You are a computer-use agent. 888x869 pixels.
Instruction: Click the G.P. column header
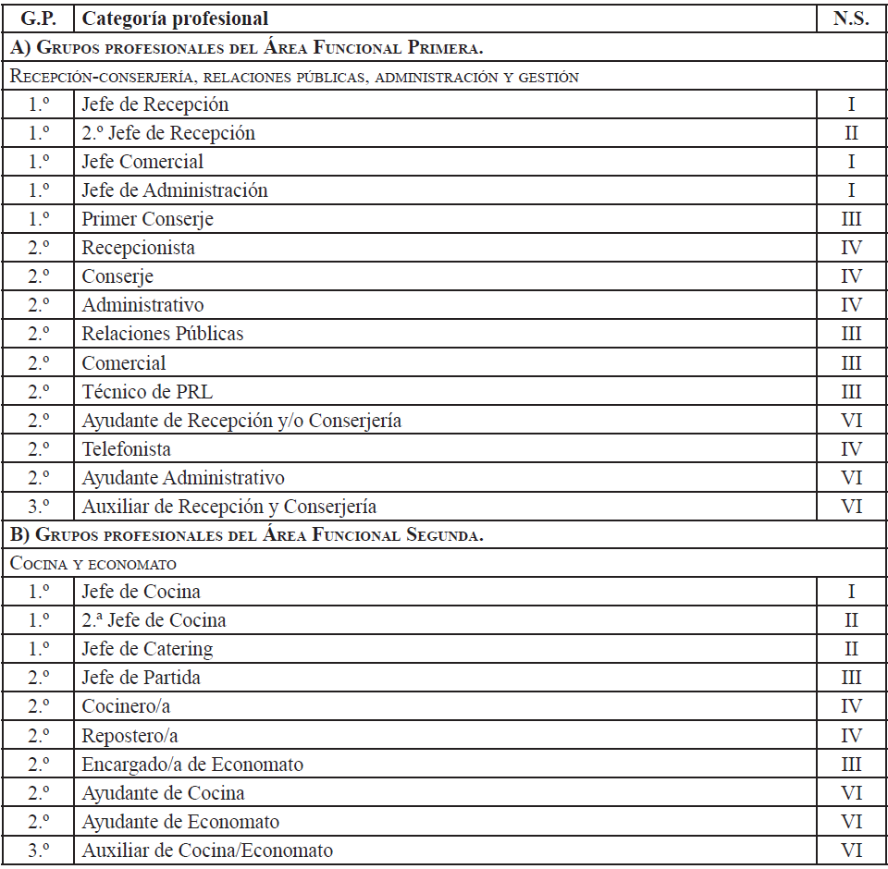[38, 18]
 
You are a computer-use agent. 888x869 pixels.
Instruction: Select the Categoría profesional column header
[175, 18]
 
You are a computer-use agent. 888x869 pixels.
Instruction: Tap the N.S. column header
[851, 18]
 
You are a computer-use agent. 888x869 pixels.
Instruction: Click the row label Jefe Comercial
[142, 162]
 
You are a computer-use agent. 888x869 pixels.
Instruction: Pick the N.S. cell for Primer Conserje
[851, 219]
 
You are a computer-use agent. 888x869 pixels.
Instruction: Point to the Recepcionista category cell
[138, 248]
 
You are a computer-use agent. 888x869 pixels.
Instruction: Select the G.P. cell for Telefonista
[38, 449]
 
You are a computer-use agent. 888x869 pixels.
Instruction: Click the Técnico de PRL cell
[147, 392]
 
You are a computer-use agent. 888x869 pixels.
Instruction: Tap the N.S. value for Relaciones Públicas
[851, 334]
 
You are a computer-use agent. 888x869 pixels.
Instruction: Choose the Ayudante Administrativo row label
[183, 478]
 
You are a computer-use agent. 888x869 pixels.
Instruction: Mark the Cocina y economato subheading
[93, 563]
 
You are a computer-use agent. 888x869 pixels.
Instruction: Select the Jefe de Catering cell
[147, 649]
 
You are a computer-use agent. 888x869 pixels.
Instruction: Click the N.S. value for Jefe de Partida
[851, 678]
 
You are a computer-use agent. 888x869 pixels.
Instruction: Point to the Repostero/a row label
[129, 736]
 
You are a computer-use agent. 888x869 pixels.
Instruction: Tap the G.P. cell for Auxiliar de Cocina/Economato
[38, 851]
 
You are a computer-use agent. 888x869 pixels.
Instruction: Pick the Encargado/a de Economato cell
[192, 765]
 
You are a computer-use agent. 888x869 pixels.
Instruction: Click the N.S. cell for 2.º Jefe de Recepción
[851, 133]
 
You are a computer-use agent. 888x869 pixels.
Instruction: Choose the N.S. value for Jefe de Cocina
[851, 592]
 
